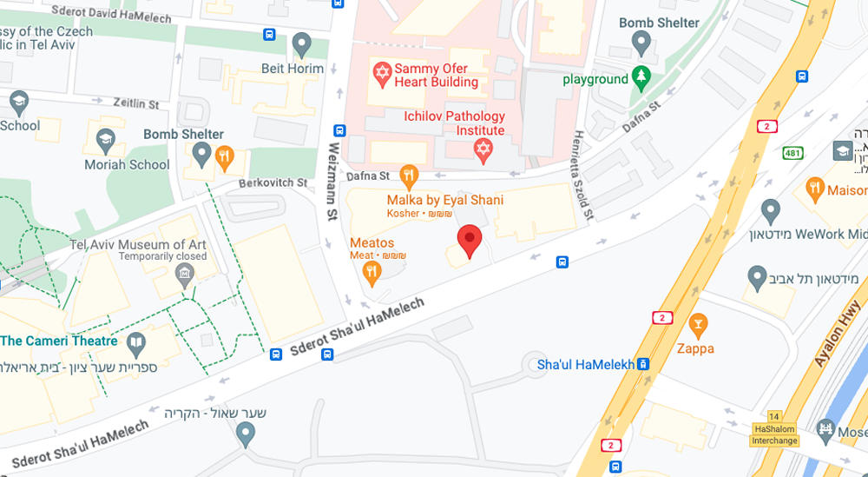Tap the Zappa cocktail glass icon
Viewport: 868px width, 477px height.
coord(697,326)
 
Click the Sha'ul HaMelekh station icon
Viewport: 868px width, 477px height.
coord(642,364)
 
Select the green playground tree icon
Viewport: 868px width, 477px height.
coord(641,78)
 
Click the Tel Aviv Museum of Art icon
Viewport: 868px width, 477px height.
coord(184,275)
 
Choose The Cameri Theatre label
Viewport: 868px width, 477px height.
coord(59,341)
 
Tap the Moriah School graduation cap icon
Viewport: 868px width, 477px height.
coord(105,140)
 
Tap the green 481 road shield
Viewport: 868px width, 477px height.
coord(791,152)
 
